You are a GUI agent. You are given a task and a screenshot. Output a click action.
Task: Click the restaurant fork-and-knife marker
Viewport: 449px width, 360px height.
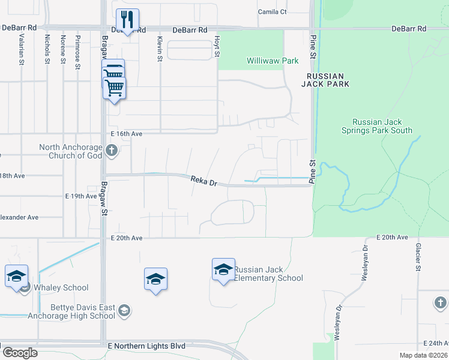coord(127,20)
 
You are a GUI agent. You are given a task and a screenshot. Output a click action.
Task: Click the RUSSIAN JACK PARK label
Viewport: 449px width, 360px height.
coord(325,80)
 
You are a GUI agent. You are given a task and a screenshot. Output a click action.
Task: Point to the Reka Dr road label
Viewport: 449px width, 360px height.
coord(203,181)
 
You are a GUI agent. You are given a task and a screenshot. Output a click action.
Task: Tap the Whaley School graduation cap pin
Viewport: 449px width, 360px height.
coord(16,276)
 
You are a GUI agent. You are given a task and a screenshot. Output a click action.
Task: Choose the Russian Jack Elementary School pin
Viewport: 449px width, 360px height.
coord(223,269)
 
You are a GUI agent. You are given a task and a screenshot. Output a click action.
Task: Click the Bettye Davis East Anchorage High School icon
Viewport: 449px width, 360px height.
coord(124,310)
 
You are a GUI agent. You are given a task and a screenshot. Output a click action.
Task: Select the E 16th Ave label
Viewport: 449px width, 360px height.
coord(126,134)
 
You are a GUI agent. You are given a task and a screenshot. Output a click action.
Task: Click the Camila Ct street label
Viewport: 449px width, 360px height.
coord(273,11)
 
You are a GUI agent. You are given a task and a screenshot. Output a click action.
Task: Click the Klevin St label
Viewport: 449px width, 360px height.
coord(160,49)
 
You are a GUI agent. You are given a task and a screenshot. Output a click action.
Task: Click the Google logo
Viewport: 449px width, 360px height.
coord(19,353)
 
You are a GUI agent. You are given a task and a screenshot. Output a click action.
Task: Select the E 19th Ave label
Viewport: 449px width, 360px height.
coord(80,196)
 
